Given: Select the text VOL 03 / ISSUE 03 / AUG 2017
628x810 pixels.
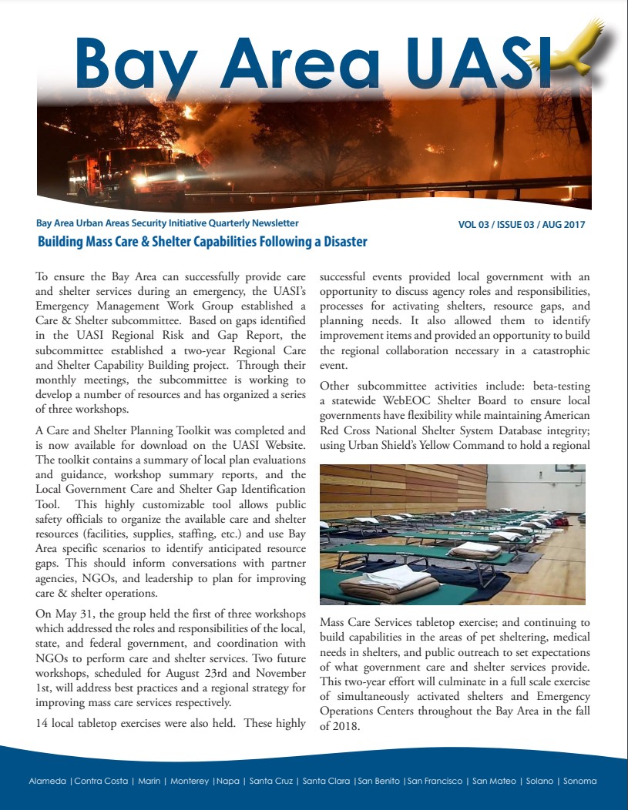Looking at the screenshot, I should coord(522,225).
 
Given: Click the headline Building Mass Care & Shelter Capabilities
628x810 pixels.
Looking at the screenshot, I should coord(203,242).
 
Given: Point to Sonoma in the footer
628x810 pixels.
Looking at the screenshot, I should coord(580,781).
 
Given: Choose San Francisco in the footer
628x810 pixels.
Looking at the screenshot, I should coord(435,781).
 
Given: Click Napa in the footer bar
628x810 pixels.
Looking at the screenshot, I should coord(228,781).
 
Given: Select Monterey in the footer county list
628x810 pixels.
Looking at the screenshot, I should coord(189,781).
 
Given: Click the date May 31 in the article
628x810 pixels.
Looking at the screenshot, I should coord(70,614).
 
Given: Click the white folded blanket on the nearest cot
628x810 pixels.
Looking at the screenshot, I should coord(390,574).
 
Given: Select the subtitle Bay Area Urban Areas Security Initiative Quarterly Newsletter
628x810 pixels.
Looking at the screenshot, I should coord(167,223).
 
